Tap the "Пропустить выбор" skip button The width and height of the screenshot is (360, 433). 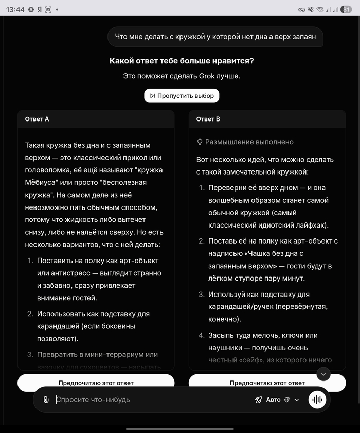coord(182,96)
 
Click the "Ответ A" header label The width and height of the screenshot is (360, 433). coord(37,119)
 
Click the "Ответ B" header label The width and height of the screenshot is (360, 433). coord(208,119)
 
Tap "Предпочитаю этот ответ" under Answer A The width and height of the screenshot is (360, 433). coord(96,383)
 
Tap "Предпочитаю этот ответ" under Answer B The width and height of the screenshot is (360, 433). coord(267,383)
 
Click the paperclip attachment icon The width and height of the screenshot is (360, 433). coord(46,400)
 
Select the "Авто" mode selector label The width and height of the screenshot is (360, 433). coord(273,400)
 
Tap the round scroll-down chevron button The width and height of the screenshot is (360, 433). coord(323,374)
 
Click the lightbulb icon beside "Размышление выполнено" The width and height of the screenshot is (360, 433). coord(200,142)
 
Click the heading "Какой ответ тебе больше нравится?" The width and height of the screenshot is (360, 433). coord(182,61)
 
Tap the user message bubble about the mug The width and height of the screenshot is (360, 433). coord(215,37)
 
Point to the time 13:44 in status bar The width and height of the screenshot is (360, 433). coord(16,9)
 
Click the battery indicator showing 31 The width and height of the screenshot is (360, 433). coord(346,9)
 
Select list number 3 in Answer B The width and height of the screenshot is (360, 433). coord(201,295)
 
